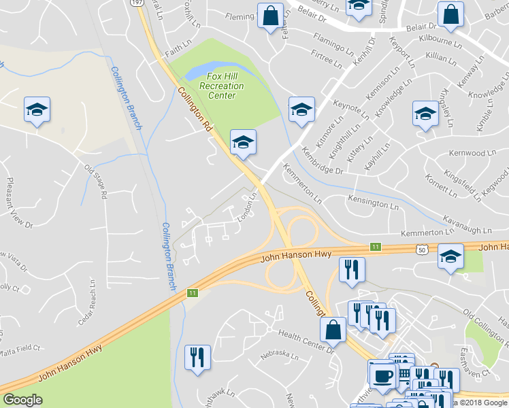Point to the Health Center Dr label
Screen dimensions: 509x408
(x=308, y=342)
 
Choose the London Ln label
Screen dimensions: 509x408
(x=246, y=208)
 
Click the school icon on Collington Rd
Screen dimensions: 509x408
(x=243, y=142)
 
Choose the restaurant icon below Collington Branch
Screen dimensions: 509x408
(x=197, y=357)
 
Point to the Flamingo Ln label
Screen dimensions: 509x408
(x=334, y=42)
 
